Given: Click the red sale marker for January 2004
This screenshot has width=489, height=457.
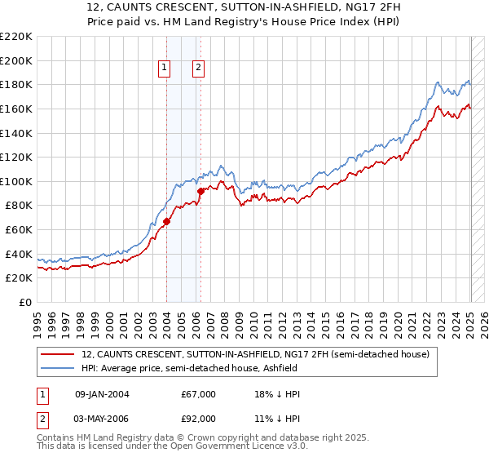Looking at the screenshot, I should pos(166,220).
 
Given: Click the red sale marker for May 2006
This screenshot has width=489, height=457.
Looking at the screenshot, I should pos(200,191).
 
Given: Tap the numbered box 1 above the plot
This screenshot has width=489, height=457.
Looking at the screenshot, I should pos(165,68).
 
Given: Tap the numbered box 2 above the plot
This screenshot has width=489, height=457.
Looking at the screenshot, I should pos(198,68).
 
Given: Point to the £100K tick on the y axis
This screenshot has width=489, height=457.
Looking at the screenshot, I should pos(16,181).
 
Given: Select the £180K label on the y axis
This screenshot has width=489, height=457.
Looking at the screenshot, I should pos(16,84).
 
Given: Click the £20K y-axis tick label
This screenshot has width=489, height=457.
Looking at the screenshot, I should pos(19,278).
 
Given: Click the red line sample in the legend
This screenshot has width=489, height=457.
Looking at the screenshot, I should pos(59,355).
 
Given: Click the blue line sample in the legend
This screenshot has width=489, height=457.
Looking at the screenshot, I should pos(59,369).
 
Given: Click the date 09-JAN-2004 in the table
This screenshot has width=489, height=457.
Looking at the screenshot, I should pos(102,394).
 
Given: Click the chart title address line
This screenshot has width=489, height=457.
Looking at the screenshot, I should pos(244,7).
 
